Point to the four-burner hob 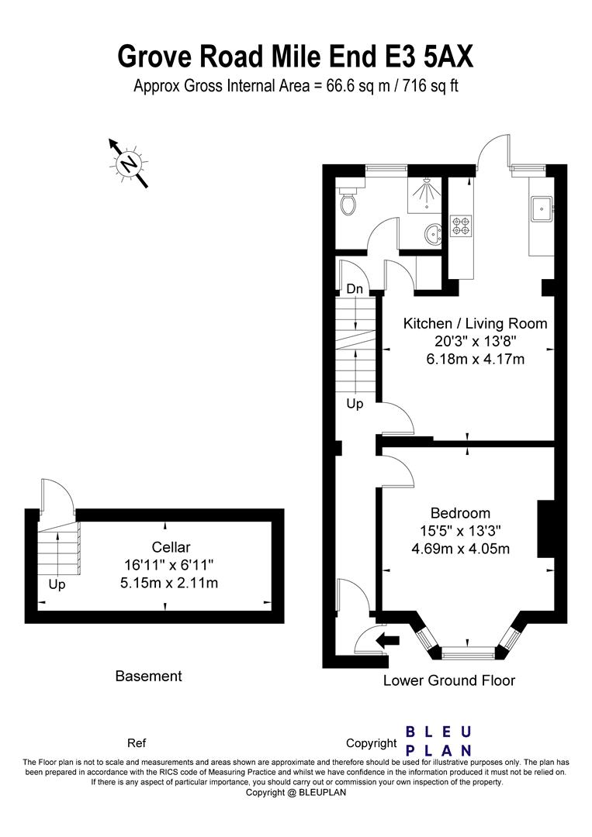coord(460,224)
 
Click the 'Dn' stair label coord(355,288)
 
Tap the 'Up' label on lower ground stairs coord(355,404)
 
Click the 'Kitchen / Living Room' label coord(475,323)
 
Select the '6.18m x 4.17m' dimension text coord(475,359)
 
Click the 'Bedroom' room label coord(460,513)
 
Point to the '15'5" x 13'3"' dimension coord(460,532)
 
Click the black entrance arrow coord(386,640)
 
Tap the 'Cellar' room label coord(171,547)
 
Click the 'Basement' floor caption coord(148,676)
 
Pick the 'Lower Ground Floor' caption coord(449,680)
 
